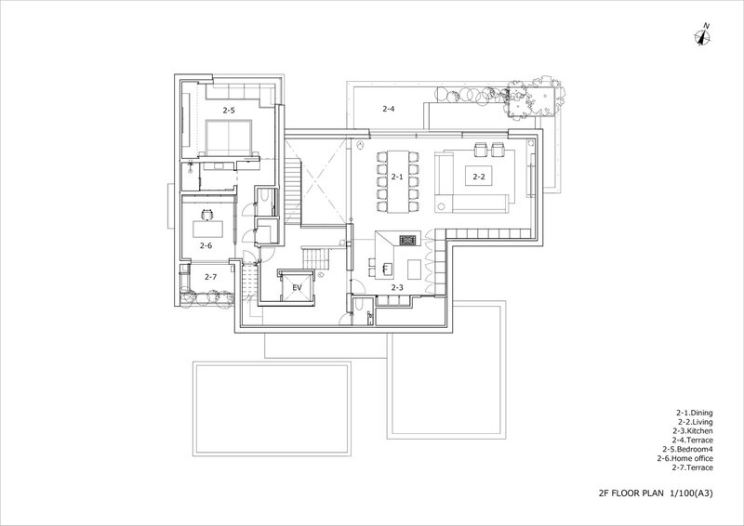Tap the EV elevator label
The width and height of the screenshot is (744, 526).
(x=297, y=287)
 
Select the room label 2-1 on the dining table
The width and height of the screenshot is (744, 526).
(x=397, y=177)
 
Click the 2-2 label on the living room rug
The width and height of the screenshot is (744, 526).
(x=479, y=177)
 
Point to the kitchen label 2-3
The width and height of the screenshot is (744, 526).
(x=397, y=287)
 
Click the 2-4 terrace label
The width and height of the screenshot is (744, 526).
(x=388, y=109)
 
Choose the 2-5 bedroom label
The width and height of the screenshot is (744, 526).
(x=229, y=110)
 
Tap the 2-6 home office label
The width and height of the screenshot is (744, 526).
(x=206, y=245)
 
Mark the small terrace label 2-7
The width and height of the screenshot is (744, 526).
(x=211, y=277)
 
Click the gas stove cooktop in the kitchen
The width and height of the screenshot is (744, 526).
(x=407, y=240)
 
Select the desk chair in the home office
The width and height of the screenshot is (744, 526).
(x=207, y=215)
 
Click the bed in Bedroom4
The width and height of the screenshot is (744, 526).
(x=228, y=137)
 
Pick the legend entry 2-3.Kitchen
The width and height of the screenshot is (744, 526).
(x=692, y=431)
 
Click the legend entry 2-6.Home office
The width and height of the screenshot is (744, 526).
(x=684, y=458)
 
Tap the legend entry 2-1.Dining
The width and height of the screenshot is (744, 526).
(x=694, y=414)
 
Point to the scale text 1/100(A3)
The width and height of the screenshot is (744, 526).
(x=691, y=493)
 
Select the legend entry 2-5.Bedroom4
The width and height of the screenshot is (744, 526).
(x=687, y=449)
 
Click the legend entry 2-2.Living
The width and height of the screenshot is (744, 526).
(x=695, y=422)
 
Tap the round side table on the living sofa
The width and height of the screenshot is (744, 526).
(x=443, y=206)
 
